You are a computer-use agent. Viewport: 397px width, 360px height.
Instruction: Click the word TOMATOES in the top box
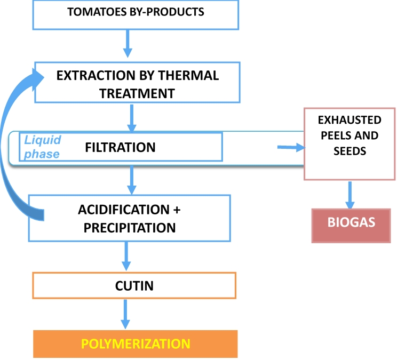97,12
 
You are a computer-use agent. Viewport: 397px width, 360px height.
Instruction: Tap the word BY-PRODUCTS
167,12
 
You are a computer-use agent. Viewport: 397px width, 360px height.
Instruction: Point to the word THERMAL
188,75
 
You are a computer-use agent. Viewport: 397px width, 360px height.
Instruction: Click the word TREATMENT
137,94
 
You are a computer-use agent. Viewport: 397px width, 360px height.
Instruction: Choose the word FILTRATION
120,147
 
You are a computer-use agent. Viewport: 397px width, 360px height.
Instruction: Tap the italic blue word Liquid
43,140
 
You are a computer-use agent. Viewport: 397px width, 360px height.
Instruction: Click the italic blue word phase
42,154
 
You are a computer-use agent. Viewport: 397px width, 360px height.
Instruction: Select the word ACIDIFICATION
124,210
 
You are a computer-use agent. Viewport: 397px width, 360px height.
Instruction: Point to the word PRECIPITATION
130,228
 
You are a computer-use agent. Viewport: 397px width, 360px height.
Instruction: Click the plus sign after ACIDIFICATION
177,210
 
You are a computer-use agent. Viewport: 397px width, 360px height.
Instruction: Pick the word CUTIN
134,286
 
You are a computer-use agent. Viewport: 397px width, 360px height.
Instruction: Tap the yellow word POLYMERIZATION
136,344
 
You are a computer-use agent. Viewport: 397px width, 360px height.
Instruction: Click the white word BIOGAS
351,222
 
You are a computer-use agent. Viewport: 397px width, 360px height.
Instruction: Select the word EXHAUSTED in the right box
350,120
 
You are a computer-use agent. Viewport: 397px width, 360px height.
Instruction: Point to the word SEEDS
350,151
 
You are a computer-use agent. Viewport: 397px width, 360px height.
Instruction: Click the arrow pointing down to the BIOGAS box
350,195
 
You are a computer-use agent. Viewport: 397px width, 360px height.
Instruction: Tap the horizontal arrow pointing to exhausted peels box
291,147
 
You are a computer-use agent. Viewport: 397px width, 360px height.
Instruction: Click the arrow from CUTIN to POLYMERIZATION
125,314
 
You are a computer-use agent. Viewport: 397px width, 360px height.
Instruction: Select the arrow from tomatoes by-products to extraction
128,44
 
